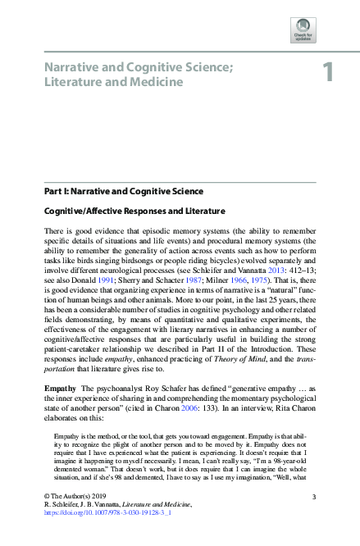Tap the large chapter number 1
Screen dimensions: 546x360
pyautogui.click(x=327, y=73)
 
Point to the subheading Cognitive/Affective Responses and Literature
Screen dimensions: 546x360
pyautogui.click(x=134, y=211)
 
